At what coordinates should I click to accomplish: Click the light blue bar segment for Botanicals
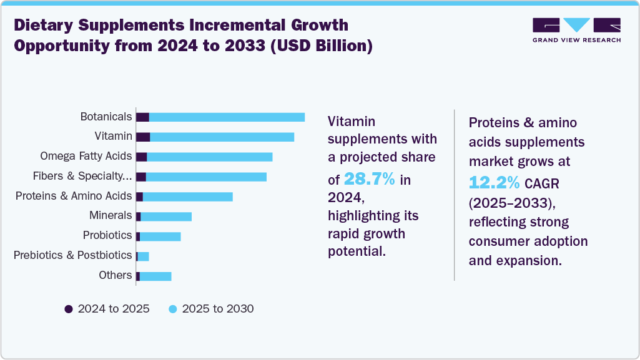227,117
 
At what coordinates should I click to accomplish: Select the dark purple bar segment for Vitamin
143,137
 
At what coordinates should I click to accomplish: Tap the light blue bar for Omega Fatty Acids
210,157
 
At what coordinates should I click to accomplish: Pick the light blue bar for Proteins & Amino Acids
188,197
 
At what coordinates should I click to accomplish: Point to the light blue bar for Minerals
166,216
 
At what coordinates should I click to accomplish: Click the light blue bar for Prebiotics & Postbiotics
143,256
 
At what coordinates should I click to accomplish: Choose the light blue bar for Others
155,276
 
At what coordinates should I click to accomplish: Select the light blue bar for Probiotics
160,236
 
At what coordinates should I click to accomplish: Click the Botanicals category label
106,117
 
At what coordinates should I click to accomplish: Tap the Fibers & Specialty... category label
82,177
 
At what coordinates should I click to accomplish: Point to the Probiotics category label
107,236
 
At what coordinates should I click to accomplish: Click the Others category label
116,275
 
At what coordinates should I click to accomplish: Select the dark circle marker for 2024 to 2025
69,309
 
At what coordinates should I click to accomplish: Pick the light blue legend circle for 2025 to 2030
173,309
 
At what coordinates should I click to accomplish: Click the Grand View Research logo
576,30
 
